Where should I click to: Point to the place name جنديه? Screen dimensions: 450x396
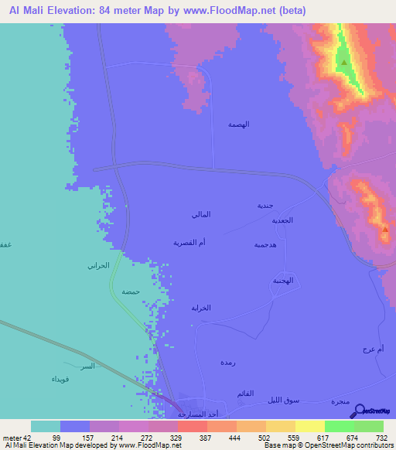coord(265,206)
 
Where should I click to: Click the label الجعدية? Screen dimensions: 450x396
coord(281,220)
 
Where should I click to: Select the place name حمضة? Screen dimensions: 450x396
coord(130,292)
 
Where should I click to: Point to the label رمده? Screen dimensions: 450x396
coord(227,363)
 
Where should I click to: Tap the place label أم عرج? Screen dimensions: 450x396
coord(373,350)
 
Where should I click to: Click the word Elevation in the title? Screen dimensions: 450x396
coord(82,11)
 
